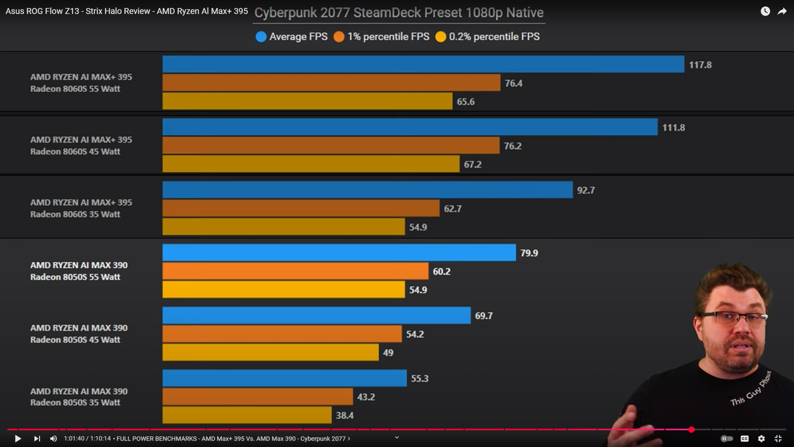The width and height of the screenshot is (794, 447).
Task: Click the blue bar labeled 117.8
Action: pyautogui.click(x=423, y=64)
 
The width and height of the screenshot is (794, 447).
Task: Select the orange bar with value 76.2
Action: pyautogui.click(x=331, y=145)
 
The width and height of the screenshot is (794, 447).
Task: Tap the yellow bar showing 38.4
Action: pyautogui.click(x=247, y=415)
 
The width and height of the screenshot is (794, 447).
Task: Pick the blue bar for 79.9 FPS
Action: pyautogui.click(x=339, y=253)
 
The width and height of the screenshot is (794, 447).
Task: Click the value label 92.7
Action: pyautogui.click(x=586, y=190)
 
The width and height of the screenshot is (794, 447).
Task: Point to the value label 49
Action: pyautogui.click(x=388, y=353)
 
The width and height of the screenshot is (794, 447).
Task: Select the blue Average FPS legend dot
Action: pyautogui.click(x=261, y=37)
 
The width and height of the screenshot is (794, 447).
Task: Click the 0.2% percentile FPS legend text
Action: pyautogui.click(x=494, y=37)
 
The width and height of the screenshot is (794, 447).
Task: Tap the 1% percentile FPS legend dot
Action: pyautogui.click(x=339, y=37)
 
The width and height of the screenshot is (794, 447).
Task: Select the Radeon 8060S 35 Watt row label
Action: pyautogui.click(x=75, y=214)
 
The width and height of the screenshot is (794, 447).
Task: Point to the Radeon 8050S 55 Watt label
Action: pyautogui.click(x=75, y=277)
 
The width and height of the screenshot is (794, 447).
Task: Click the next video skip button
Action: pyautogui.click(x=37, y=439)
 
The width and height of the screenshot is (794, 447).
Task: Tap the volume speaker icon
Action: pyautogui.click(x=53, y=439)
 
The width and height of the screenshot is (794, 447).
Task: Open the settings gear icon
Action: pyautogui.click(x=761, y=439)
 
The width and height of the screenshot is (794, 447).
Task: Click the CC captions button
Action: pyautogui.click(x=744, y=439)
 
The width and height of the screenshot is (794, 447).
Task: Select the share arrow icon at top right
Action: pyautogui.click(x=782, y=12)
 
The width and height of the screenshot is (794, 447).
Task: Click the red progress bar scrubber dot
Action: pyautogui.click(x=691, y=430)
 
